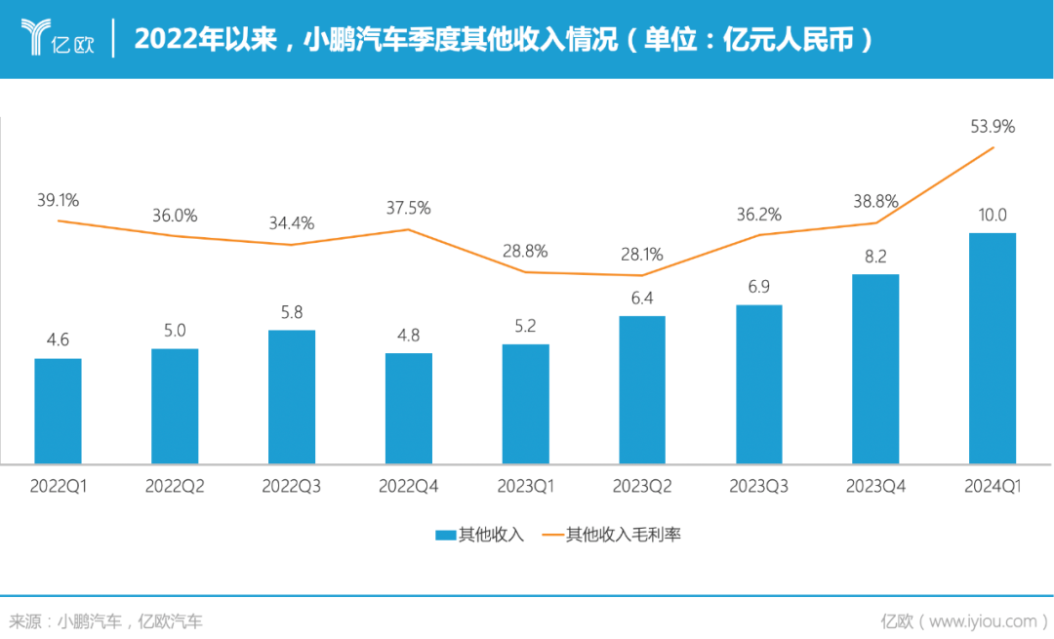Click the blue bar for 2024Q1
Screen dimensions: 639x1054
point(992,347)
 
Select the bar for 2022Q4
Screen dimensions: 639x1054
point(409,408)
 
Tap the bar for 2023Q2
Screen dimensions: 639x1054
point(642,389)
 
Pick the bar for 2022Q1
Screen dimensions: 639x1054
point(58,411)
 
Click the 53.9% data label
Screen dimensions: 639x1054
point(993,126)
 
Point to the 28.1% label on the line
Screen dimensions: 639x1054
point(642,255)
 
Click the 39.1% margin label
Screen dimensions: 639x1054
point(58,200)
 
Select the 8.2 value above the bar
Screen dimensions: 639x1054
point(875,256)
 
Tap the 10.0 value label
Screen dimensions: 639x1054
point(993,215)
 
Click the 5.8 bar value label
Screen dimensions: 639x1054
point(292,312)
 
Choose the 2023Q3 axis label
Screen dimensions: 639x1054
point(759,486)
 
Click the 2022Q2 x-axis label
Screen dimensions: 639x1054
point(175,486)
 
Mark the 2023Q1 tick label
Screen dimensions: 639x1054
point(525,486)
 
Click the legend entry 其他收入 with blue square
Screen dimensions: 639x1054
point(479,535)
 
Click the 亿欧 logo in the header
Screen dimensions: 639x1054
point(57,39)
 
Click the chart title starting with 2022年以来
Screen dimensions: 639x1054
point(502,40)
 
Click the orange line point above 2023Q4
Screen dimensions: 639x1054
point(875,222)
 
